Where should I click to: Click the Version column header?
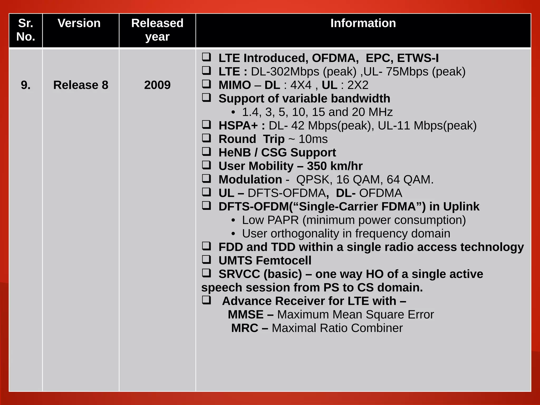coord(79,23)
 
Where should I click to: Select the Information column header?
coord(363,23)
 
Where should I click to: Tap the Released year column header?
coord(157,30)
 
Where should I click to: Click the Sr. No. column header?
coord(26,30)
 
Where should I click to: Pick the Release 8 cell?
coord(81,85)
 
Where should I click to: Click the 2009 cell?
coord(157,85)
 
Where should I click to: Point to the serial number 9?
coord(26,85)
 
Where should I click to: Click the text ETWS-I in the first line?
coord(418,58)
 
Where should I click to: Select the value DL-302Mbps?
coord(285,72)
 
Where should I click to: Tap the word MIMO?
coord(235,85)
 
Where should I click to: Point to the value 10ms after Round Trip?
coord(313,139)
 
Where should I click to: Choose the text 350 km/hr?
coord(335,166)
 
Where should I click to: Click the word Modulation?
coord(250,180)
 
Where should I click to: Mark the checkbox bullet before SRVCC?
coord(206,273)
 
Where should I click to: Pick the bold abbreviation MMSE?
coord(245,315)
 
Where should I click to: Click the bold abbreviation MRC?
coord(244,328)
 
